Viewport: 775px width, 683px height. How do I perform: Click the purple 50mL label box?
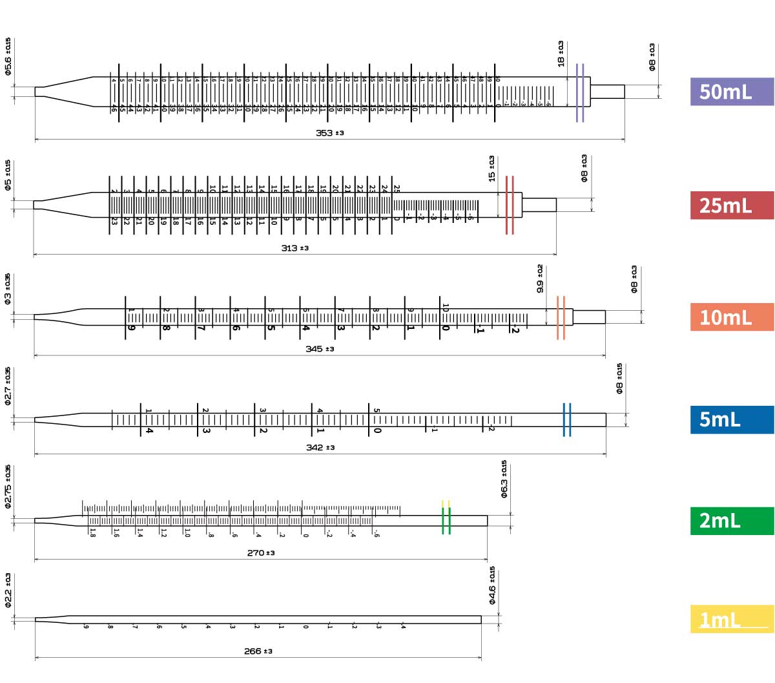click(x=731, y=92)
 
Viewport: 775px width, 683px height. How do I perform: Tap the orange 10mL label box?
click(x=731, y=317)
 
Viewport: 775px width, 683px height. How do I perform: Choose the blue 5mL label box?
click(x=731, y=419)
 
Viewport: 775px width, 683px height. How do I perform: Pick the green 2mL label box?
click(x=731, y=521)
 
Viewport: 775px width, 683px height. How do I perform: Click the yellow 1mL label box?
click(x=731, y=620)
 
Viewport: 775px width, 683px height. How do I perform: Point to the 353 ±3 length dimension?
click(x=329, y=133)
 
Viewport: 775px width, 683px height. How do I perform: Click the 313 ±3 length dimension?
click(x=294, y=248)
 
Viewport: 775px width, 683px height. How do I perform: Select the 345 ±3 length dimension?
click(x=320, y=349)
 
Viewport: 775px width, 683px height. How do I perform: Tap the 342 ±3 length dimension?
click(x=320, y=448)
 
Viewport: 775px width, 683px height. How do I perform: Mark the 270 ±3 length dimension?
click(x=260, y=553)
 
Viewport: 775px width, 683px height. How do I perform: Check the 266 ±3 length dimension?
click(x=258, y=651)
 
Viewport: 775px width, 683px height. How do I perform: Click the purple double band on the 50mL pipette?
click(x=580, y=92)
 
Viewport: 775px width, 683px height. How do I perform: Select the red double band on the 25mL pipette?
click(x=510, y=205)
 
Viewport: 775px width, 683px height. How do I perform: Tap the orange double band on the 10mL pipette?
click(x=561, y=318)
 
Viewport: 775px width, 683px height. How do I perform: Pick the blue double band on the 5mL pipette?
click(x=566, y=420)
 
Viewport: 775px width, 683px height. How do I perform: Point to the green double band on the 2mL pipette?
click(x=446, y=521)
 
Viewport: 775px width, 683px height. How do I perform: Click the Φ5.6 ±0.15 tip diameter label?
click(x=8, y=57)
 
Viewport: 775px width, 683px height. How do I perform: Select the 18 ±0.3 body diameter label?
click(x=561, y=54)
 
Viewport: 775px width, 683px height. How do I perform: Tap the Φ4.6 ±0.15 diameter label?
click(x=492, y=585)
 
